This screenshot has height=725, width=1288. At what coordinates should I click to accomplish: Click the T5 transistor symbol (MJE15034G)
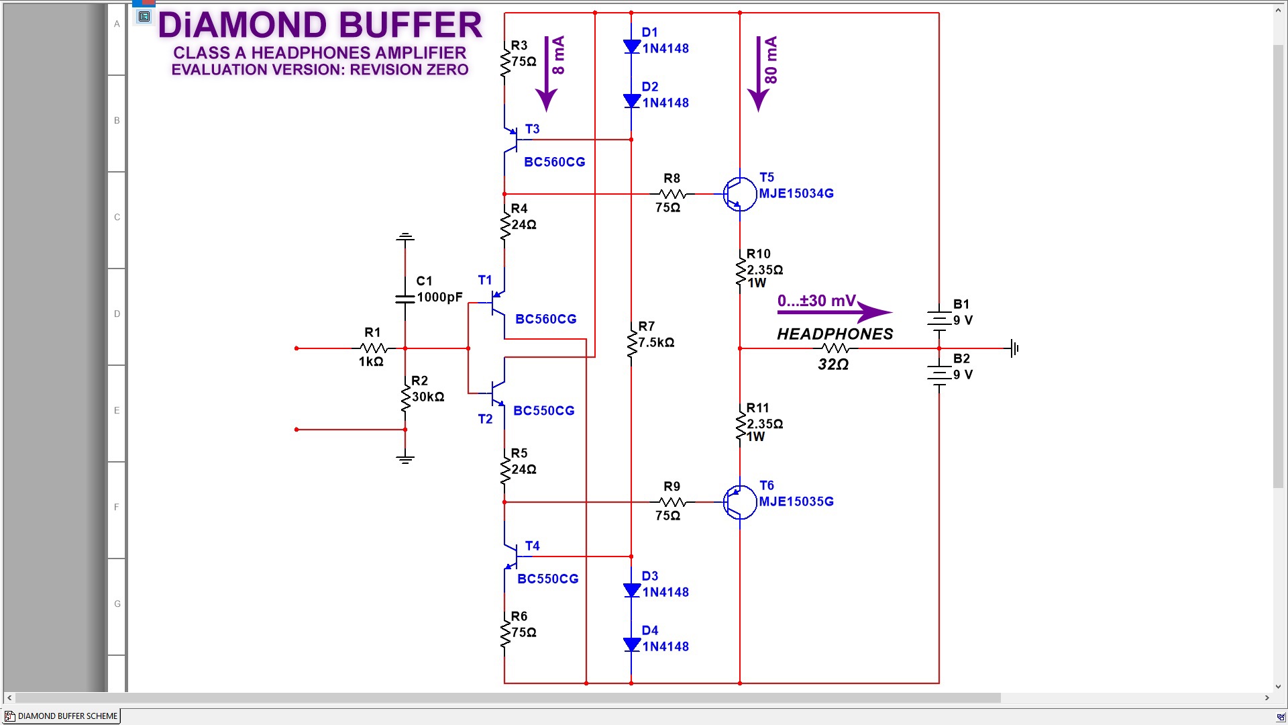(740, 194)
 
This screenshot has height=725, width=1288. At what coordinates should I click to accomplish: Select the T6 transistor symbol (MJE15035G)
(740, 502)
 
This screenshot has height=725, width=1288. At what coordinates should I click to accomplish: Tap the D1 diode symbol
(631, 46)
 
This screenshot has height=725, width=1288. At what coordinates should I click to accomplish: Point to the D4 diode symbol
(631, 644)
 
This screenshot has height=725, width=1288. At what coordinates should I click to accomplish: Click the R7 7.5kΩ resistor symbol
(631, 343)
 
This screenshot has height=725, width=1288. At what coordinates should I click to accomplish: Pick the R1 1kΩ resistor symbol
(374, 348)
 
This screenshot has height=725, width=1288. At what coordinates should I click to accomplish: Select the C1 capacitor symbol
(405, 299)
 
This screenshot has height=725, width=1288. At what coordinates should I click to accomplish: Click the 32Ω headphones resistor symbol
(835, 348)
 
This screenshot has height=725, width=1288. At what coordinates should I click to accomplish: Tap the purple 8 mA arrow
(547, 74)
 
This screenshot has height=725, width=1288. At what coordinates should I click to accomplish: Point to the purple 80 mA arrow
(758, 74)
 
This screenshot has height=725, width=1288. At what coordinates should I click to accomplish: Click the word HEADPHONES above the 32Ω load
(835, 334)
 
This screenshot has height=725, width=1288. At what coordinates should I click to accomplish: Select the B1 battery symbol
(939, 320)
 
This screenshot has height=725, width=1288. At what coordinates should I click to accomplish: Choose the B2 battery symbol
(939, 375)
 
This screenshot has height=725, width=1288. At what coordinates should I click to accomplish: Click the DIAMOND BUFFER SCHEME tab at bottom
(62, 716)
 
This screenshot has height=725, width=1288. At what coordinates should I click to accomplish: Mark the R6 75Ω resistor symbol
(504, 632)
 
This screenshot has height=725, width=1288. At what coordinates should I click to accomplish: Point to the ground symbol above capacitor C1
(405, 237)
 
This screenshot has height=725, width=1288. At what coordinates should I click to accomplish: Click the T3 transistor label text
(533, 129)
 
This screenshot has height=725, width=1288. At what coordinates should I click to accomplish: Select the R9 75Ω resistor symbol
(673, 502)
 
